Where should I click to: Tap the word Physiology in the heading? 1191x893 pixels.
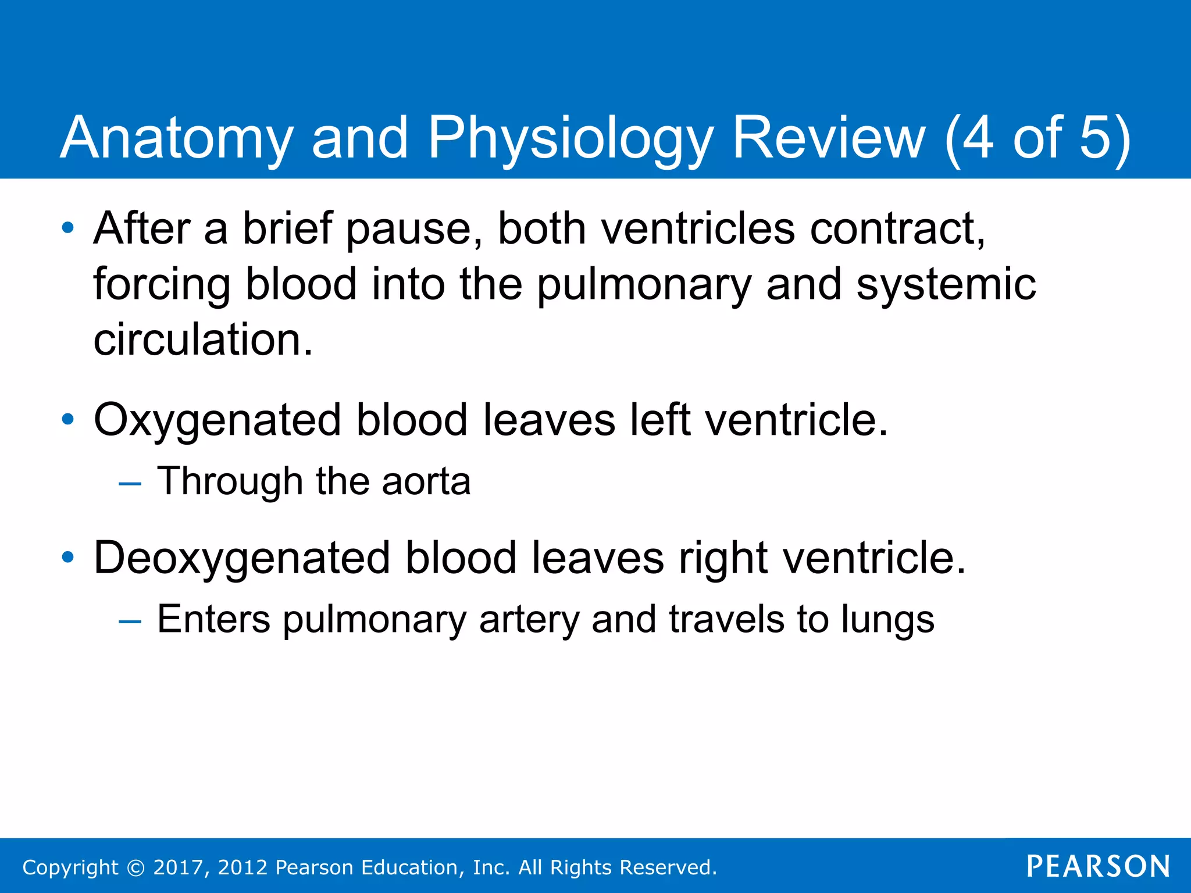[x=570, y=138]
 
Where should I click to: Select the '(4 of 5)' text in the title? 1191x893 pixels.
[x=1037, y=138]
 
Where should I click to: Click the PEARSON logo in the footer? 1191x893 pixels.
[x=1098, y=866]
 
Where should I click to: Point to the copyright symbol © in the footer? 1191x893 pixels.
[x=135, y=867]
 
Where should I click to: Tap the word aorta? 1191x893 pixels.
[x=426, y=481]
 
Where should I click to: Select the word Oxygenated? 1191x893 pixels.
[x=217, y=420]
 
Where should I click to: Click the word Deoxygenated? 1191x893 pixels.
[x=241, y=558]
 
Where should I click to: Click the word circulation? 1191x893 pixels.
[x=203, y=340]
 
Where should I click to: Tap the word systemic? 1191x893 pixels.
[x=946, y=284]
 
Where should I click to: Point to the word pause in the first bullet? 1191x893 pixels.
[x=414, y=228]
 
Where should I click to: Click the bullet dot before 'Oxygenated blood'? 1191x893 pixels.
[x=68, y=419]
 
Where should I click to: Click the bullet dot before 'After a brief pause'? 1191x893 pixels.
[x=68, y=227]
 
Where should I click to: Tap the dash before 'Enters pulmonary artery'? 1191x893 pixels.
[x=130, y=620]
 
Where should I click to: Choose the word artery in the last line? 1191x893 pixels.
[x=529, y=619]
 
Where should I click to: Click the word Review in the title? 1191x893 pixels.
[x=828, y=138]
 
